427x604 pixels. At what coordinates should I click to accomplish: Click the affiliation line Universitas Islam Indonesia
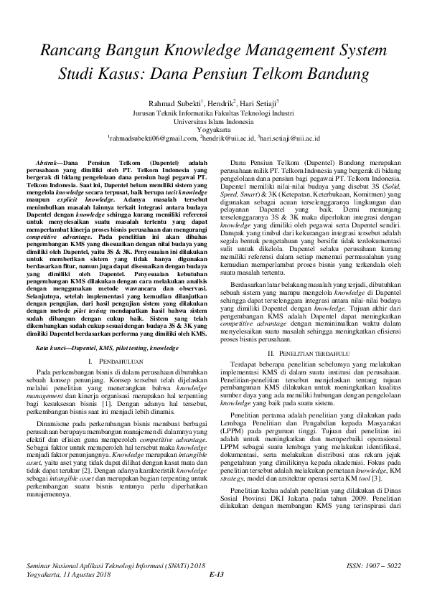(213, 121)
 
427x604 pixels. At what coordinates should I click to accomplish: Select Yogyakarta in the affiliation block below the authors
(213, 130)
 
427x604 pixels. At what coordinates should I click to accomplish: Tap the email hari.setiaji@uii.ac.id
(290, 138)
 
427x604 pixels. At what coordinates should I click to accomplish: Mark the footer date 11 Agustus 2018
(85, 574)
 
